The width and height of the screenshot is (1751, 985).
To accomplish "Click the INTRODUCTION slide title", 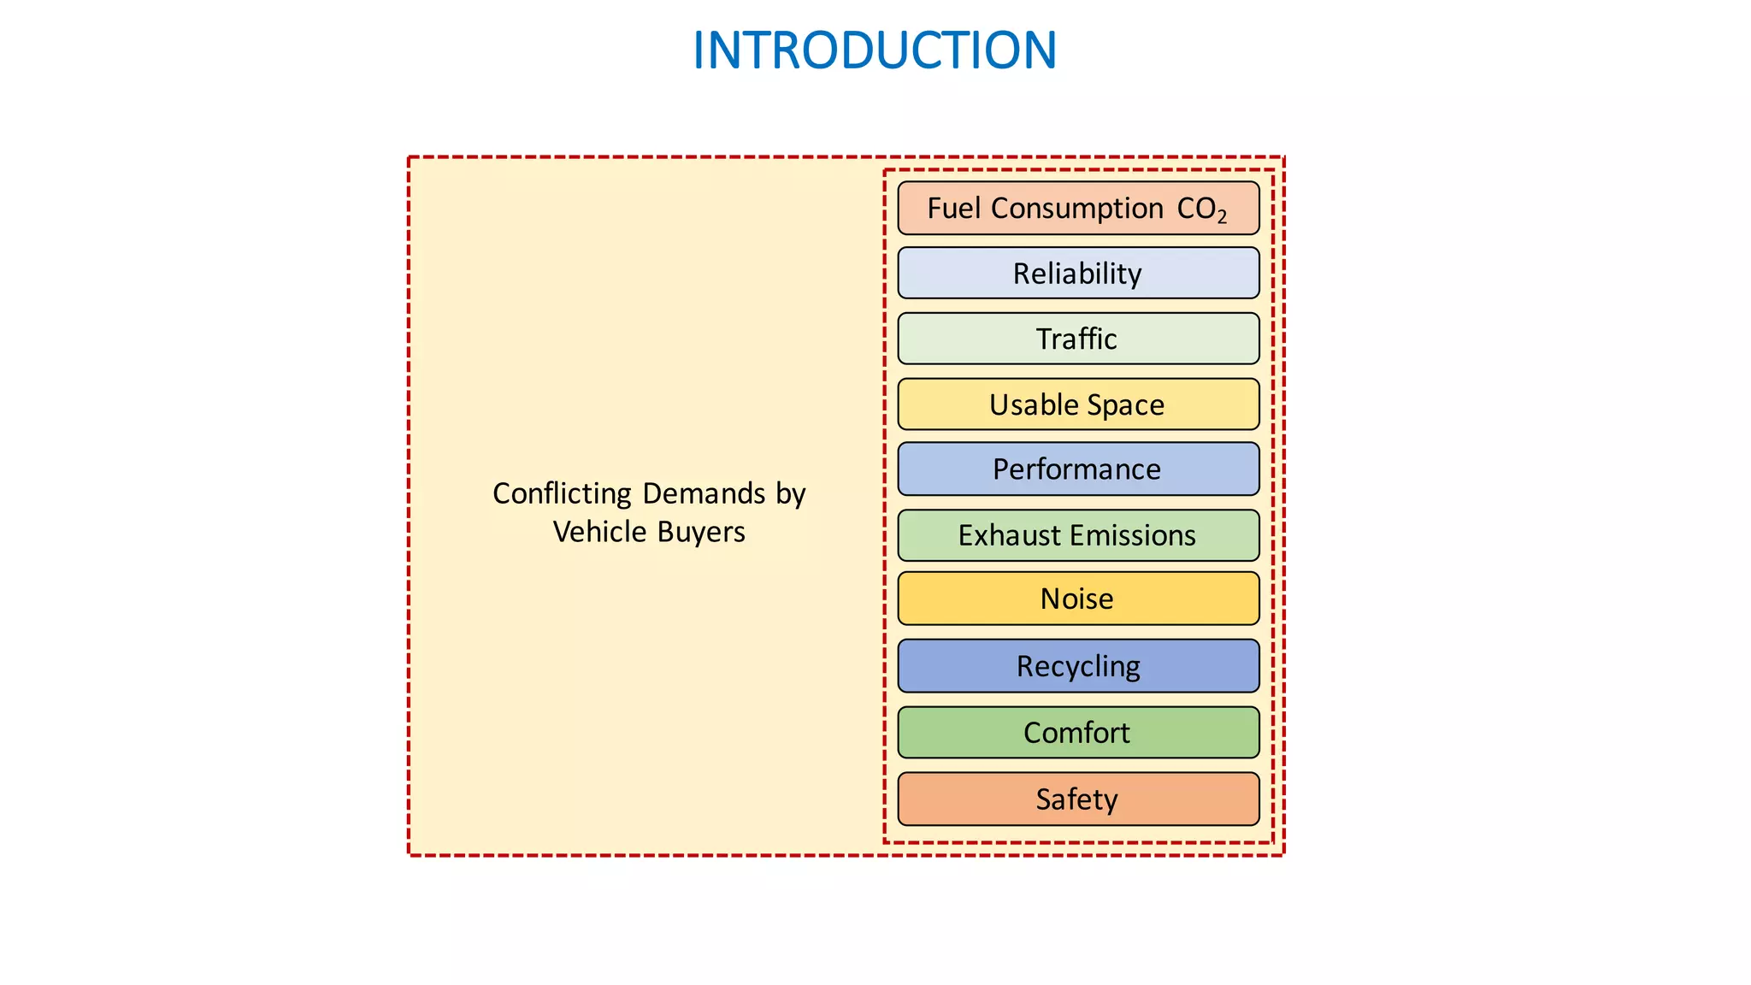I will point(874,50).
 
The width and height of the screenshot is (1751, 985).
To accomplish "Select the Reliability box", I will point(1077,274).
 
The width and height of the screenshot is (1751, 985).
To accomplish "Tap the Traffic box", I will point(1077,339).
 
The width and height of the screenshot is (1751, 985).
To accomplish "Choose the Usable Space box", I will point(1077,404).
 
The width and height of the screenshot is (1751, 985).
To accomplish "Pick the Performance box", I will point(1077,469).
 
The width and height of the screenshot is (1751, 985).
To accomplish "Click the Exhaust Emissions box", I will point(1077,535).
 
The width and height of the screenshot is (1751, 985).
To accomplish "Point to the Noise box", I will point(1077,599).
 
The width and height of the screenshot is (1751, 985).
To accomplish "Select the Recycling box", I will point(1077,666).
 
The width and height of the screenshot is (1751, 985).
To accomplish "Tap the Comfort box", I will point(1077,733).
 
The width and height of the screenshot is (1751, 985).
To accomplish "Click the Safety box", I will point(1077,799).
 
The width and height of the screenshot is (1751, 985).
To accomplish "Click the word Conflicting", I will point(562,494).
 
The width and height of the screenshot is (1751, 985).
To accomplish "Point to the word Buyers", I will point(701,533).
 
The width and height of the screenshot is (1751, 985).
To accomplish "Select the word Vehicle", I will point(599,532).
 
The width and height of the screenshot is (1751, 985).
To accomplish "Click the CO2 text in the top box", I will point(1201,209).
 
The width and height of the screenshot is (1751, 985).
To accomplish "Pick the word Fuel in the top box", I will point(954,208).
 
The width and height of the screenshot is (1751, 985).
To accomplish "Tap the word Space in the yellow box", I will point(1126,405).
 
